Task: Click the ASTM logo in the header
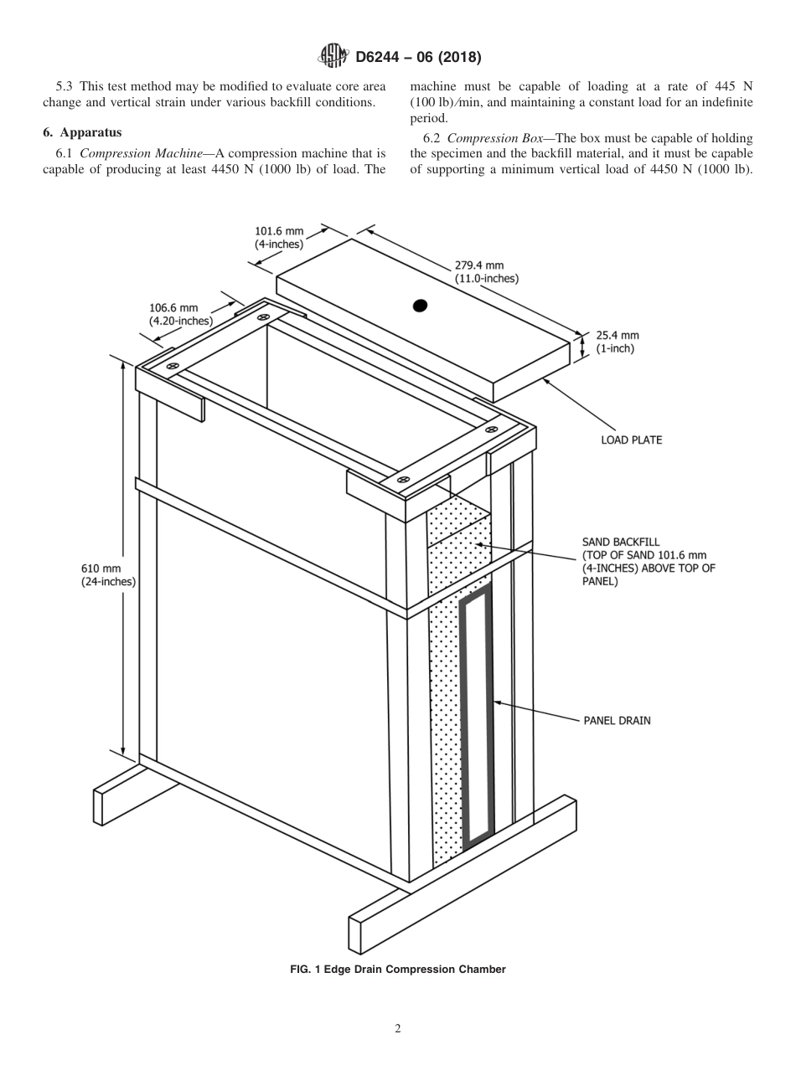point(336,58)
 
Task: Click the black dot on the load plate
point(421,306)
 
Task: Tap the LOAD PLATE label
point(631,440)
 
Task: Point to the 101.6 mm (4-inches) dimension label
point(279,237)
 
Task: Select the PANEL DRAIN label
point(617,719)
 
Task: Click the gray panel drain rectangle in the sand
point(475,712)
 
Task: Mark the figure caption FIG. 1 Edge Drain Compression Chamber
point(397,970)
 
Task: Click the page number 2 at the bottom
point(398,1029)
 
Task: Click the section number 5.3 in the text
point(64,86)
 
